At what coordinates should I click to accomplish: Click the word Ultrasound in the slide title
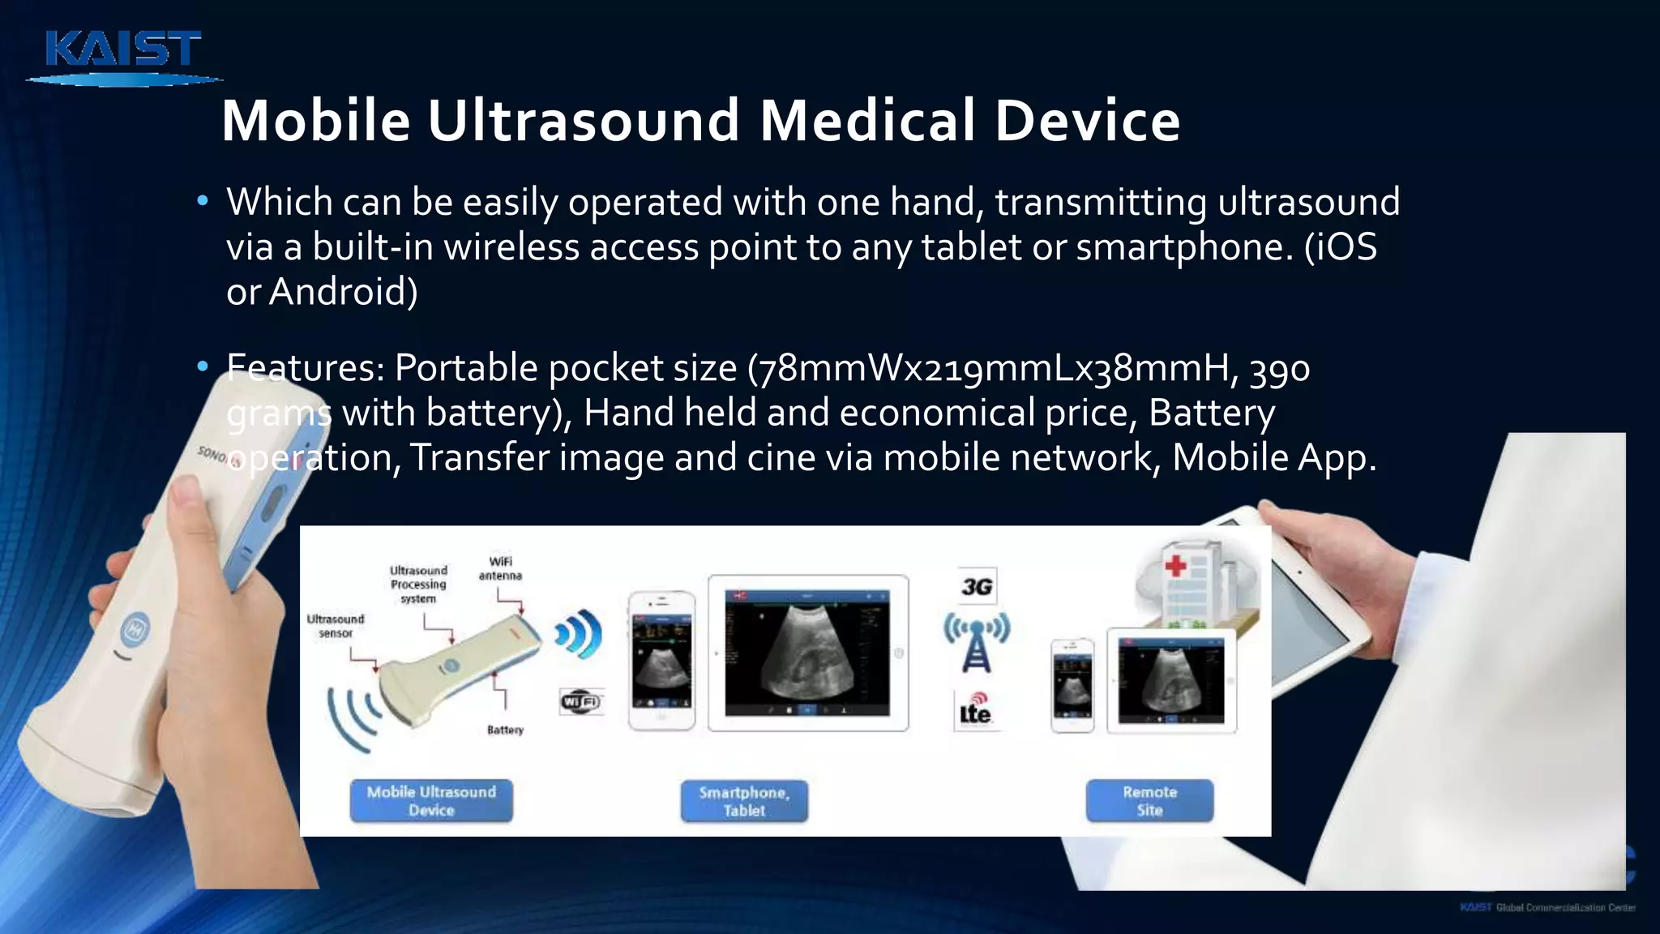[584, 120]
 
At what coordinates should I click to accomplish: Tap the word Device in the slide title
[1087, 120]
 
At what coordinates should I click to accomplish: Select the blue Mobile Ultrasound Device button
[431, 800]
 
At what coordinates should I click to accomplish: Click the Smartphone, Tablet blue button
[744, 800]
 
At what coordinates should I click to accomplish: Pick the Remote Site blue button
[1149, 800]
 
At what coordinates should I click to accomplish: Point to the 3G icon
[977, 586]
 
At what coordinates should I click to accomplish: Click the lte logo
[975, 710]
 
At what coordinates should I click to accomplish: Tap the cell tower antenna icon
[977, 643]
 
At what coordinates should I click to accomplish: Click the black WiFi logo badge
[581, 701]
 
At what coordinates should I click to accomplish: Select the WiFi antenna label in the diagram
[500, 568]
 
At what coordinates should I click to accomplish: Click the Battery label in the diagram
[505, 730]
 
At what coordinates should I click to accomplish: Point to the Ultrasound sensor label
[336, 626]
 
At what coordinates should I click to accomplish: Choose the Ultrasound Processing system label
[418, 585]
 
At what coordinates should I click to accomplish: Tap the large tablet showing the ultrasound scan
[807, 653]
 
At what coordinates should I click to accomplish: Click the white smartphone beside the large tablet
[662, 661]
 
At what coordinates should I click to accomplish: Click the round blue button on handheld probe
[135, 628]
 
